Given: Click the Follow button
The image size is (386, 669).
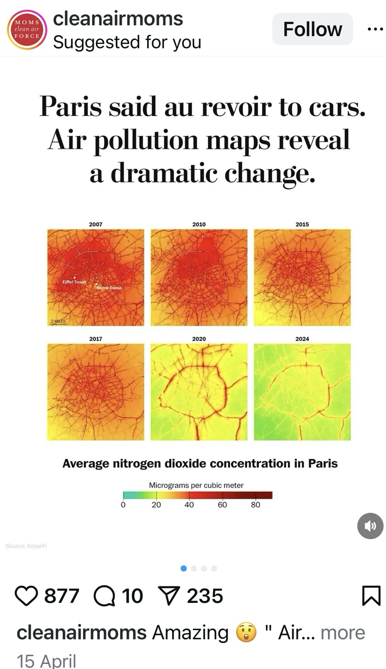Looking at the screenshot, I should pos(312,29).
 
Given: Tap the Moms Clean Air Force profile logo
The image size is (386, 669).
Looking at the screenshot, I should pos(27,30).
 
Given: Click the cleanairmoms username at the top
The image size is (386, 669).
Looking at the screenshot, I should pos(118,19).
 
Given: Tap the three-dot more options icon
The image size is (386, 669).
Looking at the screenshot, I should pos(375,29).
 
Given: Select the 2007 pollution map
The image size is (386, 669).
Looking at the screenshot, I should pos(95,277).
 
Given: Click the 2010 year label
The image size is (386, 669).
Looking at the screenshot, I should pos(199,224).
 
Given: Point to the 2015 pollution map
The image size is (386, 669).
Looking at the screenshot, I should pos(302,277).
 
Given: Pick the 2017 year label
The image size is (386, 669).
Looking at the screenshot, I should pos(95,339).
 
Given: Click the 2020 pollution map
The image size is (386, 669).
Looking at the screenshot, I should pos(199,392).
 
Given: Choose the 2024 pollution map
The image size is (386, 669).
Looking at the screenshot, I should pos(302,392).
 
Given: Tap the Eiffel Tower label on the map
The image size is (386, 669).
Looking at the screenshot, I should pos(74,282).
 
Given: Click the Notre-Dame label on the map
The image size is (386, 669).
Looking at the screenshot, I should pos(109,288).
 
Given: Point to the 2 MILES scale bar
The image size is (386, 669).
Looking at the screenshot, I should pos(58,321).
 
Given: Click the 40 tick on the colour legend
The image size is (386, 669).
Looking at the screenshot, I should pos(189,505).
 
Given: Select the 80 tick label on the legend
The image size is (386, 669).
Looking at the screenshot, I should pos(255,505).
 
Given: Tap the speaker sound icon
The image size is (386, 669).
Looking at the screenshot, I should pos(370,526).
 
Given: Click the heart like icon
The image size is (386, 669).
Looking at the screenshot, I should pos(26,596).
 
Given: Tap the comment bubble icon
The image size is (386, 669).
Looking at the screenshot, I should pos(104,596).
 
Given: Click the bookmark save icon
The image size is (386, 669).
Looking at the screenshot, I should pos(371,596).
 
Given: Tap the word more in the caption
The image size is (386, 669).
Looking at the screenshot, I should pos(343,632).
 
